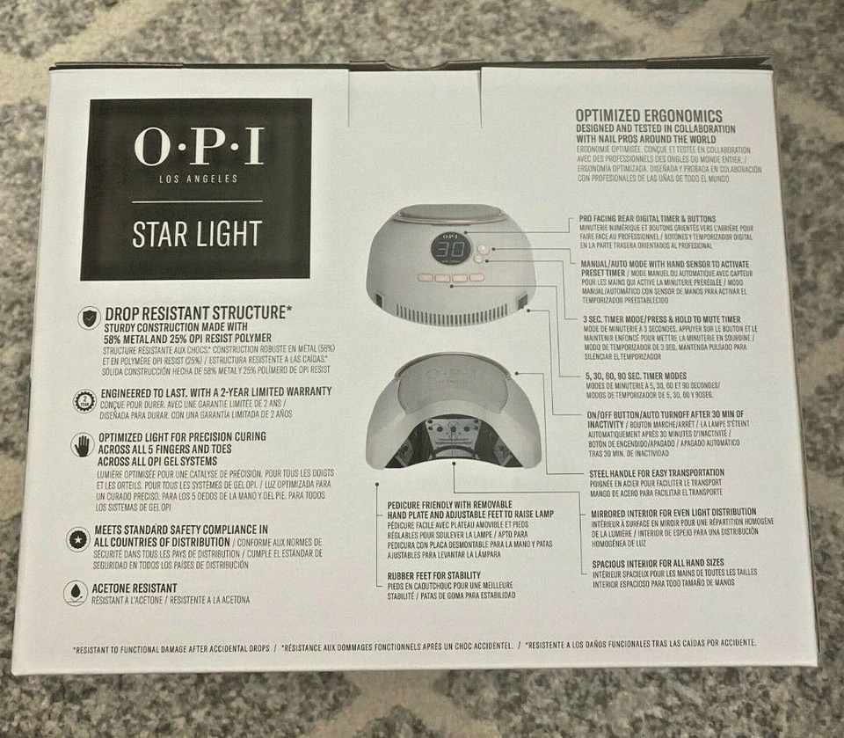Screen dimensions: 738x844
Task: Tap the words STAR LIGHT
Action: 196,234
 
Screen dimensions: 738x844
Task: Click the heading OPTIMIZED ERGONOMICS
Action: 648,116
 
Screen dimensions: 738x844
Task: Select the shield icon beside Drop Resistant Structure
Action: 88,318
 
